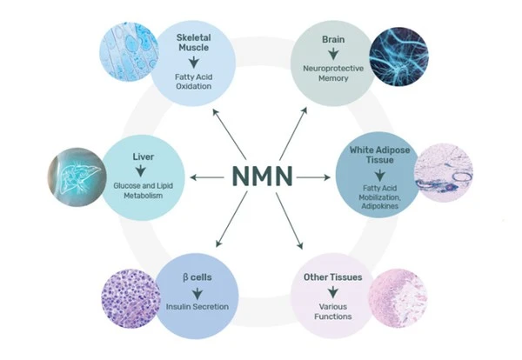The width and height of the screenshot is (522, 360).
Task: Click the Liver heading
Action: click(x=144, y=158)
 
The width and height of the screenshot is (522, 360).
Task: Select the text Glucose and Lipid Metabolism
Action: click(x=144, y=194)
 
